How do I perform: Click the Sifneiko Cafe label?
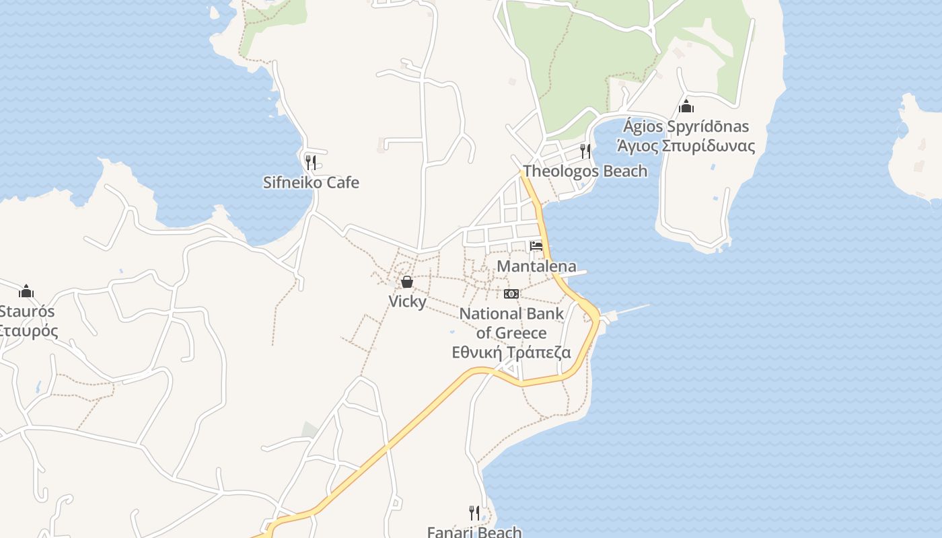coord(311,182)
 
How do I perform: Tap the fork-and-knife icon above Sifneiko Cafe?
coord(310,162)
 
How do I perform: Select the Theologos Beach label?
coord(585,171)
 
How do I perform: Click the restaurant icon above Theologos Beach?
coord(585,151)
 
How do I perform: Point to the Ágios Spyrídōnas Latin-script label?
coord(686,126)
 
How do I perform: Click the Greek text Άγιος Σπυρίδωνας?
coord(686,146)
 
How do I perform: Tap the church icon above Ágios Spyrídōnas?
coord(686,106)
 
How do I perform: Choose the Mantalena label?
coord(536,266)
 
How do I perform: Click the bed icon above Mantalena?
coord(536,246)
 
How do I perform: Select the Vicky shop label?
coord(407,301)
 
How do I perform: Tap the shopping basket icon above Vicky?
coord(407,282)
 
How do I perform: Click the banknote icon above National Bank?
coord(511,294)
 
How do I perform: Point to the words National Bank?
coord(511,313)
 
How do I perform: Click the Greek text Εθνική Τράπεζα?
coord(511,352)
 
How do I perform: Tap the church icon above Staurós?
coord(26,291)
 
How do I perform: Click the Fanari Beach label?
coord(474,532)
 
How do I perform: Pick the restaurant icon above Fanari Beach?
coord(474,513)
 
